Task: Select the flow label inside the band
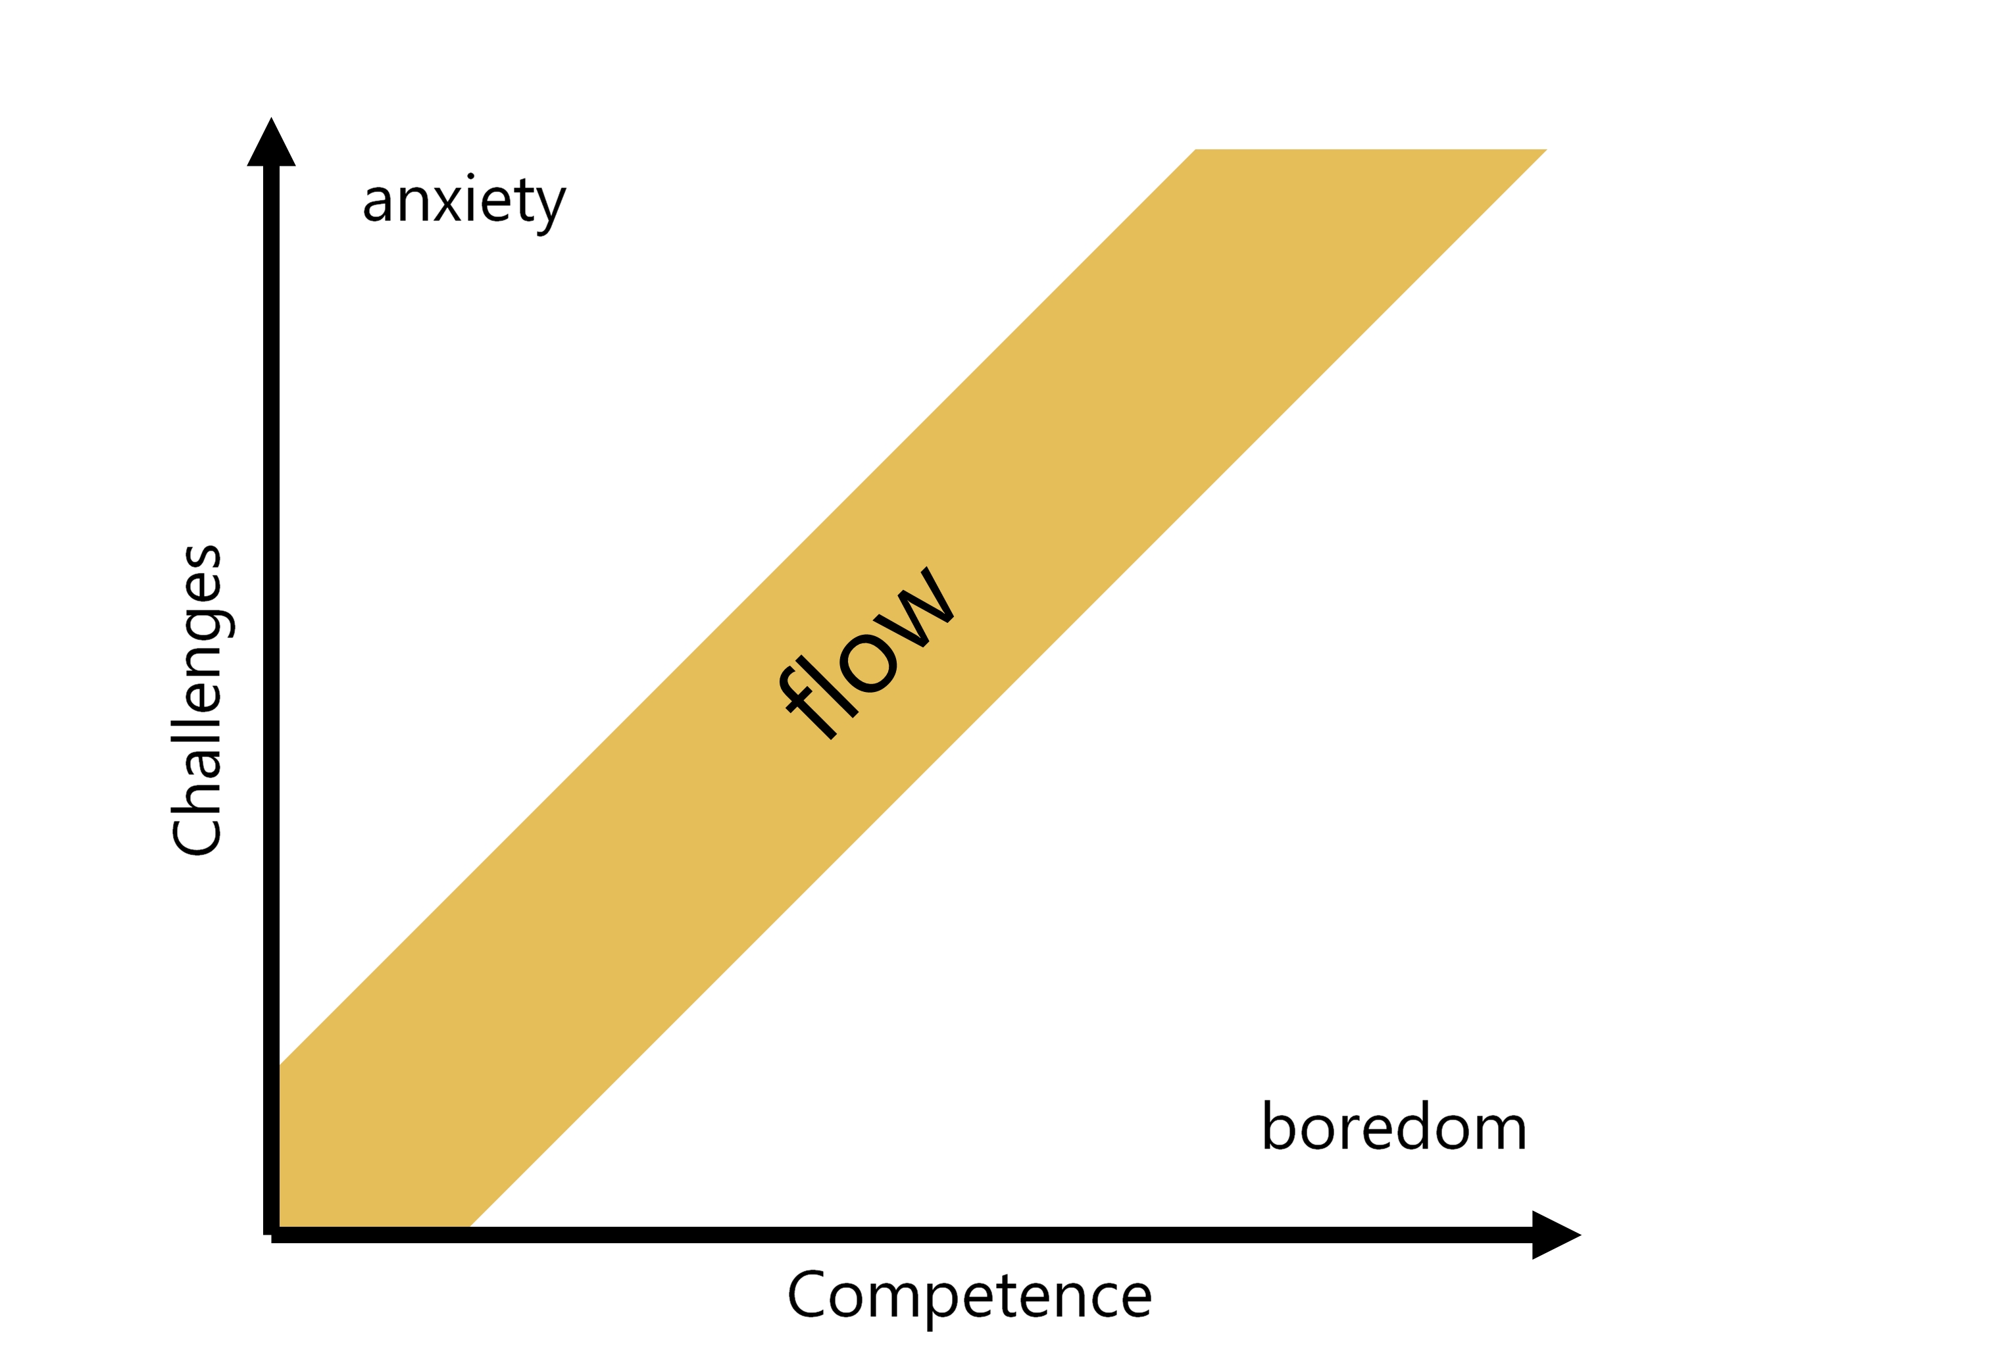tap(868, 653)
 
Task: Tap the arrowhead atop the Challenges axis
tap(272, 143)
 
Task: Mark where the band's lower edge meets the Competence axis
tap(471, 1227)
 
